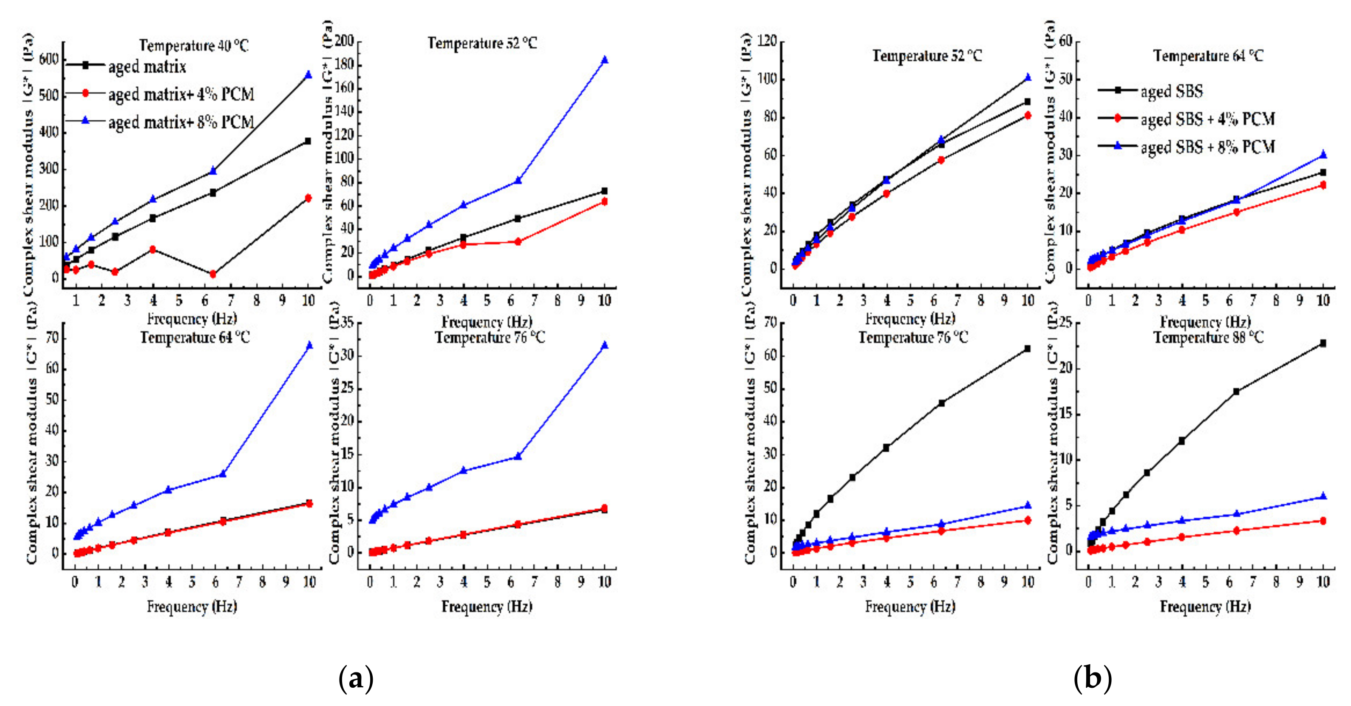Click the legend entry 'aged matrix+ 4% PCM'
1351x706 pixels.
[x=181, y=94]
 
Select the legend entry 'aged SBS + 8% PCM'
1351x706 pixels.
[x=1207, y=147]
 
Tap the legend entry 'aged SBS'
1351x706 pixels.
[x=1171, y=91]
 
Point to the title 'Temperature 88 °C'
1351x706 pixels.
[x=1208, y=337]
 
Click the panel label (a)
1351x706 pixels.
[x=356, y=678]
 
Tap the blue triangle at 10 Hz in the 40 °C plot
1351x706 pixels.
[x=308, y=75]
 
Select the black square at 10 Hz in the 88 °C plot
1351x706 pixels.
[x=1323, y=343]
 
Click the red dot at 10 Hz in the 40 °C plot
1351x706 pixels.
[x=308, y=198]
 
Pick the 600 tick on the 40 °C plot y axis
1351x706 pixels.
[x=49, y=59]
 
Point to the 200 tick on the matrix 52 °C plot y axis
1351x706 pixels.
[x=344, y=41]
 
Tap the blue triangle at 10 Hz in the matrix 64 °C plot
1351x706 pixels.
[x=309, y=345]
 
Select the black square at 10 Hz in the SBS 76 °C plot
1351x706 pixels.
[x=1028, y=348]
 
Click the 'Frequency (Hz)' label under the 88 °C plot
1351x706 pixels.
[x=1205, y=607]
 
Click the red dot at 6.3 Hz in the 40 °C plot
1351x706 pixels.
[x=213, y=274]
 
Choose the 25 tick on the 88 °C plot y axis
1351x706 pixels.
[x=1066, y=322]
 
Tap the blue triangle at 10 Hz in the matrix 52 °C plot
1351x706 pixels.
[x=605, y=60]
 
